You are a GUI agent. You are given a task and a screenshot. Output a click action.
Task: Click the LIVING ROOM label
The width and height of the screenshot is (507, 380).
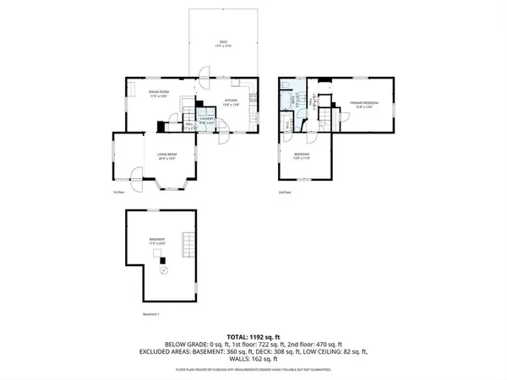[166, 155]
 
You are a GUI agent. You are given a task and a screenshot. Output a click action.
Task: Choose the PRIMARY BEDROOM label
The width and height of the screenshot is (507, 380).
[365, 104]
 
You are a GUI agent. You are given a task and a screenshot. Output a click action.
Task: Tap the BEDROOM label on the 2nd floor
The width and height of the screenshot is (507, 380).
[302, 155]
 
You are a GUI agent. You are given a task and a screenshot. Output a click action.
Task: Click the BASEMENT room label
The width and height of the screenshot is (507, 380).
[157, 242]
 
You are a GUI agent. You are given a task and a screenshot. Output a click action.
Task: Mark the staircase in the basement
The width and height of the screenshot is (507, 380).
[189, 247]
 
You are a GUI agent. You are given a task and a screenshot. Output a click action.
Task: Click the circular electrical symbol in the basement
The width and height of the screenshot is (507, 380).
[164, 270]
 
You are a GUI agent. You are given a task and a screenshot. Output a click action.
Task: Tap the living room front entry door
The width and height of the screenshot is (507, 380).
[136, 178]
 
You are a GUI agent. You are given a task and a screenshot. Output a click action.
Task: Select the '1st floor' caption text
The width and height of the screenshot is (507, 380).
[118, 193]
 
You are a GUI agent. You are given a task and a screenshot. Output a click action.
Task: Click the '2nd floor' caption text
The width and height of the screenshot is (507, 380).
[286, 193]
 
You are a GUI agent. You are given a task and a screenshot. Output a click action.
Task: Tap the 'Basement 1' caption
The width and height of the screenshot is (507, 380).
[150, 315]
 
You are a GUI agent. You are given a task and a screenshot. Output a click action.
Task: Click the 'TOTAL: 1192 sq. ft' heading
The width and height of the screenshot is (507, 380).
[253, 336]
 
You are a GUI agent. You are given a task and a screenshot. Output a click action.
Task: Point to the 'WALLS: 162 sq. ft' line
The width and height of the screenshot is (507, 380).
[253, 359]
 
